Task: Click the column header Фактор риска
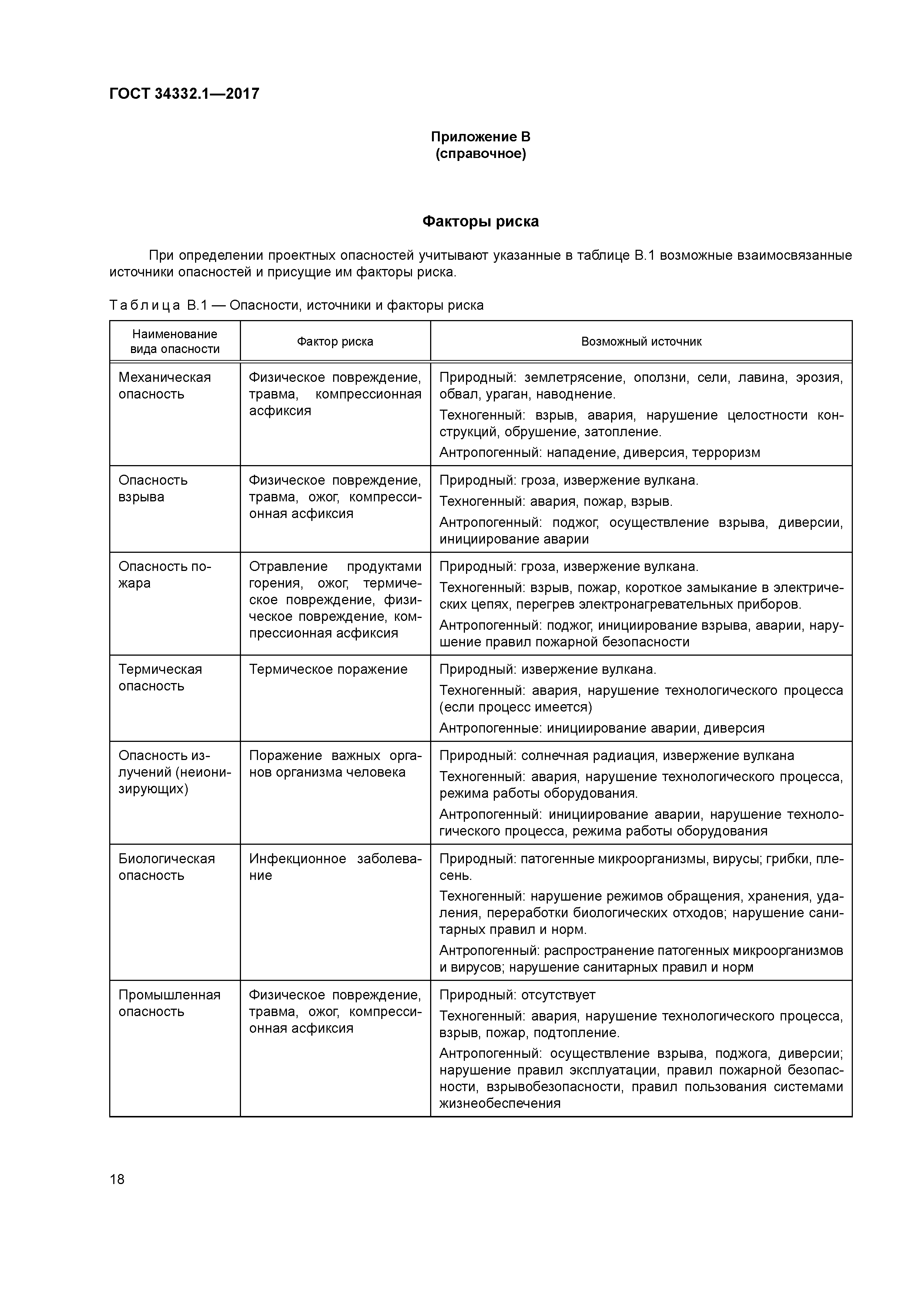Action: click(x=335, y=342)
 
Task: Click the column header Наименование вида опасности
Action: click(x=175, y=342)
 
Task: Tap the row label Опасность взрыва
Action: click(x=153, y=488)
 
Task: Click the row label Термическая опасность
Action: click(x=160, y=677)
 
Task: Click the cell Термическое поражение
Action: click(x=328, y=669)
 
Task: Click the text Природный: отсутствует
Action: click(x=517, y=995)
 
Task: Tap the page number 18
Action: click(x=117, y=1179)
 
